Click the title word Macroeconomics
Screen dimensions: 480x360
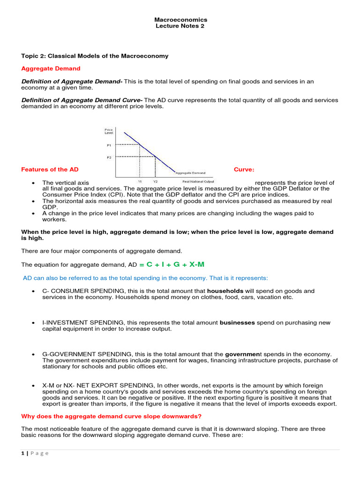[180, 20]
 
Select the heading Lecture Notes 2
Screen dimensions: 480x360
[180, 26]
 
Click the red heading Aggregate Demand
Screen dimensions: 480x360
[51, 68]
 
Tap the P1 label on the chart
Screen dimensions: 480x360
[109, 145]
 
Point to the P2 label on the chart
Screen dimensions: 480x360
[109, 157]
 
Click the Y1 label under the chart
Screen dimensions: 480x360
[140, 181]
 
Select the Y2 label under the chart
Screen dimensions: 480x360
[155, 181]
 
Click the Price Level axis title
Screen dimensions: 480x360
[109, 131]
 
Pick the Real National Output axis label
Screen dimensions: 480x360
[198, 181]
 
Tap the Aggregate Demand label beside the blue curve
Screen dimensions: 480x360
[190, 172]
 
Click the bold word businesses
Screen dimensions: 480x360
[237, 322]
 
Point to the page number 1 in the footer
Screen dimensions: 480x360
[23, 453]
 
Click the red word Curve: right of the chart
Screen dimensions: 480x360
[244, 169]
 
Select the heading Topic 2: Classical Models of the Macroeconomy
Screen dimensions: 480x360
[95, 56]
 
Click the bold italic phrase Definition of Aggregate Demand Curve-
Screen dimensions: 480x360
[82, 100]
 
